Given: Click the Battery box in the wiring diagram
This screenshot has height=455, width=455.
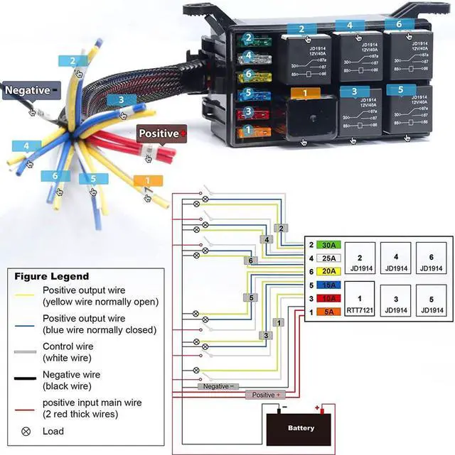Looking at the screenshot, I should (301, 428).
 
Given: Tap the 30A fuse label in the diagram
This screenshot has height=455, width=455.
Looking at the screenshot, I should (329, 245).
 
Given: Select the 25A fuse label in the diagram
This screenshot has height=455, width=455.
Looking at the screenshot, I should (329, 258).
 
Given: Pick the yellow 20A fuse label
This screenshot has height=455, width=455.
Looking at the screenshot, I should (329, 271).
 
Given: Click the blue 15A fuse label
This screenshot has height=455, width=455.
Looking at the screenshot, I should (329, 285).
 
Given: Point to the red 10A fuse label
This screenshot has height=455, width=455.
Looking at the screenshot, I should (329, 299).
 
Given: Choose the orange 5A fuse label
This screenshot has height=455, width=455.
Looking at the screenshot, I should (329, 312).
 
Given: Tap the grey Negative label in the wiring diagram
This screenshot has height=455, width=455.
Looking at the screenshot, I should (218, 386).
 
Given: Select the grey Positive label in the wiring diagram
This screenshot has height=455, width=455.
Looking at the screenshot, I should (266, 394).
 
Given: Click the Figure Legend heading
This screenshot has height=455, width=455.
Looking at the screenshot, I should (52, 276).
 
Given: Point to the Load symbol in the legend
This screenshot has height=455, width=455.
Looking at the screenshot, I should (26, 431).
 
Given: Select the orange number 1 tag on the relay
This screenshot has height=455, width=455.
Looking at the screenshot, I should (304, 93).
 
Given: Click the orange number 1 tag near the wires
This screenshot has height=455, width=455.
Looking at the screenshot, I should (147, 181).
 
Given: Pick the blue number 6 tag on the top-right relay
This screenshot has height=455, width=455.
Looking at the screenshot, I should (399, 24).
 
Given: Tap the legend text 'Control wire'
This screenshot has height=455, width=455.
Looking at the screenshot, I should (68, 346).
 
